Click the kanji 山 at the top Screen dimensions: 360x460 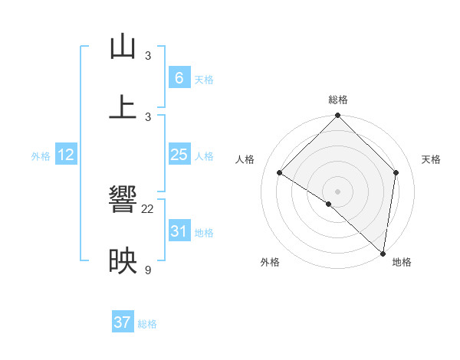click(123, 47)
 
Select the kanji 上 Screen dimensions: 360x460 click(123, 107)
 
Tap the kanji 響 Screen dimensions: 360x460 click(123, 201)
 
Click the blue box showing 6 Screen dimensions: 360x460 click(179, 78)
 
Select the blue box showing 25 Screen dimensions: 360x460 click(179, 155)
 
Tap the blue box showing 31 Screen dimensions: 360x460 click(179, 231)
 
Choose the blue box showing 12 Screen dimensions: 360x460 click(66, 155)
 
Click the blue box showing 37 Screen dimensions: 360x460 click(122, 322)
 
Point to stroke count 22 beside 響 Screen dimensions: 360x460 click(148, 208)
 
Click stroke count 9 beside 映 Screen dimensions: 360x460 click(148, 269)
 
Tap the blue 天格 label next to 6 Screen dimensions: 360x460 click(204, 80)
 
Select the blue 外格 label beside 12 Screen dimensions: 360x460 click(41, 156)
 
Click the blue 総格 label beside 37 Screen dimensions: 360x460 click(147, 324)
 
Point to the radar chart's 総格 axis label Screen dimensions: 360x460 click(338, 100)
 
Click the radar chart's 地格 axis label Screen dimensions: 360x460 click(402, 262)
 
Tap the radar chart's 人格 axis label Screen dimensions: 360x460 click(245, 159)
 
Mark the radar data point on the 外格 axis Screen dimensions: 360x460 click(329, 204)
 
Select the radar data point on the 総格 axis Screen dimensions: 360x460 click(338, 116)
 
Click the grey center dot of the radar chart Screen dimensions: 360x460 click(338, 191)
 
